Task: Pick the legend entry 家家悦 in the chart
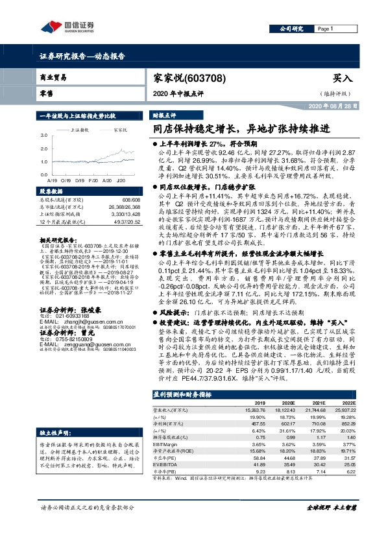(120, 130)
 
